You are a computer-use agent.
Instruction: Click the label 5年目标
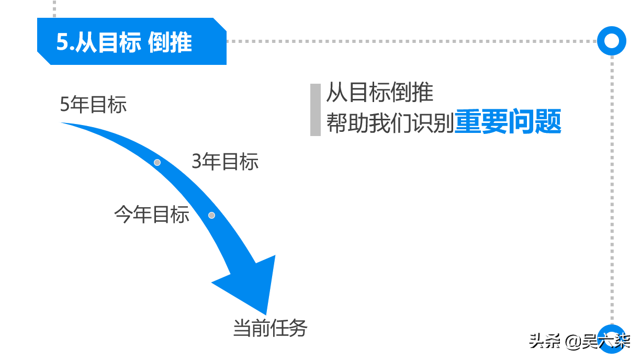[93, 105]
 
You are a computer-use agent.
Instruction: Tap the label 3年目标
[225, 162]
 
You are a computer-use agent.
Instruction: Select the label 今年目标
[152, 214]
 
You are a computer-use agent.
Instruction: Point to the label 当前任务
[271, 328]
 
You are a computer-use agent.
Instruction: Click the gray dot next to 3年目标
[157, 163]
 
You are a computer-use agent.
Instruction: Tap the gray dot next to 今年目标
[211, 215]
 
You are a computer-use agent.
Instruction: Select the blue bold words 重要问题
[508, 121]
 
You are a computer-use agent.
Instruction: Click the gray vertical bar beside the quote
[316, 110]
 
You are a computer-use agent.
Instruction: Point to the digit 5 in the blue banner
[62, 42]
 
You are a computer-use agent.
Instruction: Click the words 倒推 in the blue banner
[170, 42]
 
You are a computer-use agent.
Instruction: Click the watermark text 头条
[544, 342]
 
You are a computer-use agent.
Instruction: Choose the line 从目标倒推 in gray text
[380, 93]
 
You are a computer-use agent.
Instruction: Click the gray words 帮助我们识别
[390, 123]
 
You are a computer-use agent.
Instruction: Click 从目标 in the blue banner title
[108, 42]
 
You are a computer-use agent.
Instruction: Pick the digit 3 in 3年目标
[197, 162]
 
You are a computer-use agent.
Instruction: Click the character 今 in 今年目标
[123, 214]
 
